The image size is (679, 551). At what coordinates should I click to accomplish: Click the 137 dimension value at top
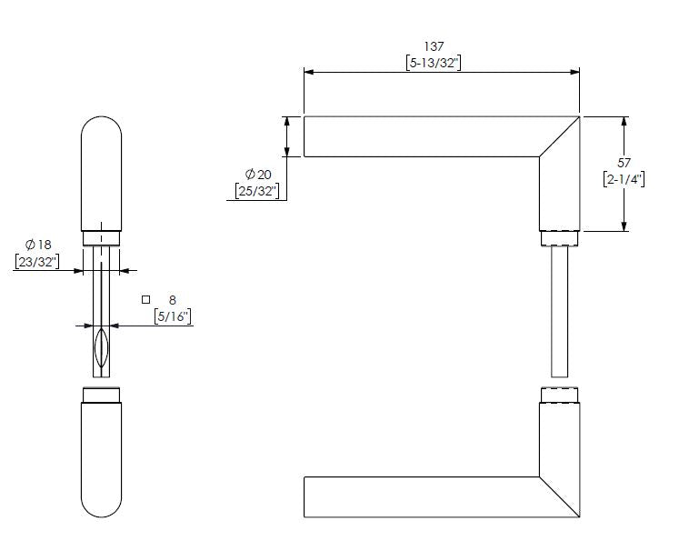click(436, 45)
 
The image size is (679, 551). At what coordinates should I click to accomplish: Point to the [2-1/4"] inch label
click(624, 179)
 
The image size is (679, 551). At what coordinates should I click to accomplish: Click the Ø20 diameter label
click(258, 174)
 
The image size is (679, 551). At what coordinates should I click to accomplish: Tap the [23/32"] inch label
click(36, 262)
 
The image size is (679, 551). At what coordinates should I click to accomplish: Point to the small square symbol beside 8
click(145, 299)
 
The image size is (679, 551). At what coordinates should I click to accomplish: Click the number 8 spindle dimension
click(173, 299)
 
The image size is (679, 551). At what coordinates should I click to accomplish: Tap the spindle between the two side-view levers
click(560, 309)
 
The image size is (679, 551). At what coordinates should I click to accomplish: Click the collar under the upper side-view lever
click(560, 238)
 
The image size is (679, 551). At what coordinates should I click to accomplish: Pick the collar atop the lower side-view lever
click(560, 395)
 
